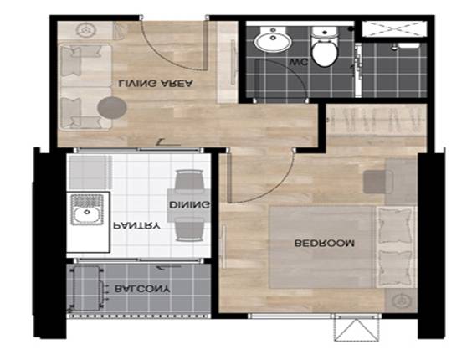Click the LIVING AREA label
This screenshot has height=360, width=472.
click(156, 83)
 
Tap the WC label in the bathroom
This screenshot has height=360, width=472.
click(298, 62)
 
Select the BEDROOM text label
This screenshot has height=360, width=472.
click(324, 243)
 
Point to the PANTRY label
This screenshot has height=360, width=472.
click(136, 225)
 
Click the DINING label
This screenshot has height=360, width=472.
click(189, 205)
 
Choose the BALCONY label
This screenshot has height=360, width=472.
click(142, 289)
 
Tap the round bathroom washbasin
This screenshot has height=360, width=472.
click(273, 39)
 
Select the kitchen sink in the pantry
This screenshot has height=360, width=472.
click(87, 209)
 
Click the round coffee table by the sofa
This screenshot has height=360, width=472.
click(111, 107)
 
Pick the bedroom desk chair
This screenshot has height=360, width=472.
click(378, 182)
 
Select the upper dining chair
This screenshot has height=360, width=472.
click(189, 181)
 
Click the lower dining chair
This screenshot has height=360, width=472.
click(189, 229)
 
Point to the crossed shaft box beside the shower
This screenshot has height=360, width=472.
click(394, 29)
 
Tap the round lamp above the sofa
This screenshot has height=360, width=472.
click(86, 30)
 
